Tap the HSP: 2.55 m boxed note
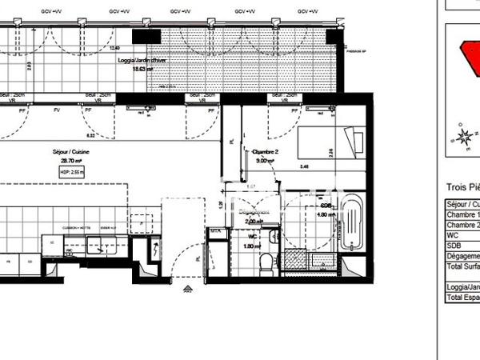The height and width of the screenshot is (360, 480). pyautogui.click(x=72, y=170)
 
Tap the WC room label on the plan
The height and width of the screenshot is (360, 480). pyautogui.click(x=250, y=237)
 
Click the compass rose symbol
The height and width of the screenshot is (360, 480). pyautogui.click(x=462, y=138)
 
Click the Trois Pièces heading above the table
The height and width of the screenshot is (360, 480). pyautogui.click(x=462, y=187)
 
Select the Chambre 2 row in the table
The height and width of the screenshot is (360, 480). pyautogui.click(x=462, y=225)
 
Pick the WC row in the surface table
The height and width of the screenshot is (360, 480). pyautogui.click(x=462, y=235)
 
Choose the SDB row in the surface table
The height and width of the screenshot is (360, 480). pyautogui.click(x=462, y=246)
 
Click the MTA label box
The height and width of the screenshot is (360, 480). pyautogui.click(x=214, y=232)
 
